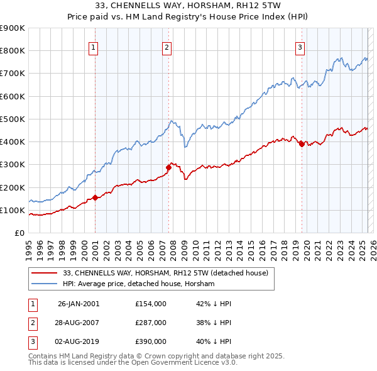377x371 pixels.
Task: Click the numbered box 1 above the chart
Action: pos(93,47)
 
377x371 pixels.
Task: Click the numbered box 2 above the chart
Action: pos(167,47)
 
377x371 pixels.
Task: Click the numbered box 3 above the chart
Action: pos(300,47)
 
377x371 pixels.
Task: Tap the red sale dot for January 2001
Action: pos(96,197)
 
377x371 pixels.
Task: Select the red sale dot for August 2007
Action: pos(168,167)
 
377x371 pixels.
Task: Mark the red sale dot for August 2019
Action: pos(302,144)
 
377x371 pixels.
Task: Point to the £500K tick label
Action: pos(13,119)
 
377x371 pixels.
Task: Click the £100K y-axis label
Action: pos(13,210)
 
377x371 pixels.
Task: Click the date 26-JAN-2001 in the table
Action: pos(78,303)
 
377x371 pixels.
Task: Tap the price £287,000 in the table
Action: pos(151,323)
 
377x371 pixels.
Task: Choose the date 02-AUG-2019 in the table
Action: pos(78,341)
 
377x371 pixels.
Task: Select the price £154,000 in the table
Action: pos(151,303)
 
